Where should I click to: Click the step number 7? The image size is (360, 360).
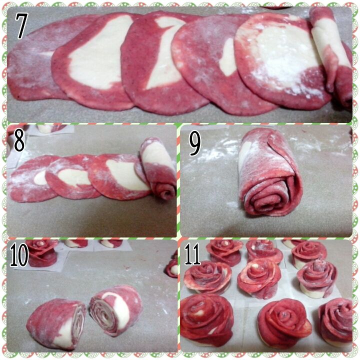click(x=21, y=25)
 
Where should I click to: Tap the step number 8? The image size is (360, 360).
click(x=19, y=139)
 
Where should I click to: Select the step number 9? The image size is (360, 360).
click(x=194, y=143)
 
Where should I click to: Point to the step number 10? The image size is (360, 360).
click(x=19, y=254)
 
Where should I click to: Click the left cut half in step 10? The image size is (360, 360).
click(x=56, y=323)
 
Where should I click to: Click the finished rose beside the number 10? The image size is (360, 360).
click(x=41, y=252)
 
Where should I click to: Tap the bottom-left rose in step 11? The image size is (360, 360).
click(x=206, y=320)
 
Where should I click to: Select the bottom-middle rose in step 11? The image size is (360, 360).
click(x=284, y=322)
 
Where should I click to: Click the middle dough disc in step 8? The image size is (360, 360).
click(x=73, y=177)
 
